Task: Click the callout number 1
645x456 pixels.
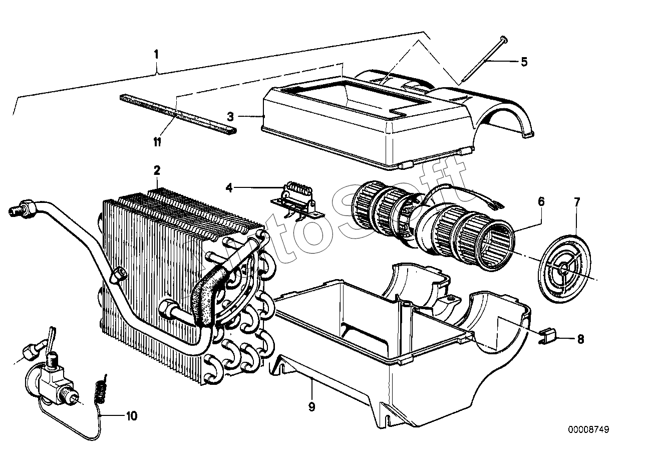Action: pyautogui.click(x=156, y=54)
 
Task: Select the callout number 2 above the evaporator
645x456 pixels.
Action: pyautogui.click(x=157, y=171)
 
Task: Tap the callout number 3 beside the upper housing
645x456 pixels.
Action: pyautogui.click(x=230, y=117)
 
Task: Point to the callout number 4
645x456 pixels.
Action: pyautogui.click(x=229, y=188)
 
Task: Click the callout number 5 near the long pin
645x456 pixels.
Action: pyautogui.click(x=524, y=62)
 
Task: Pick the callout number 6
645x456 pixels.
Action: pyautogui.click(x=541, y=201)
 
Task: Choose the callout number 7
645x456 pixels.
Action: pyautogui.click(x=577, y=202)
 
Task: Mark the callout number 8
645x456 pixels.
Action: pyautogui.click(x=581, y=340)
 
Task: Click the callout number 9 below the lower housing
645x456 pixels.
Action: pyautogui.click(x=311, y=407)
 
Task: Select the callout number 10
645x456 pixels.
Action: pyautogui.click(x=132, y=416)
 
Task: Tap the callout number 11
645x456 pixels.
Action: pyautogui.click(x=157, y=142)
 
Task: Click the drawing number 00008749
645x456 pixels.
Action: pyautogui.click(x=588, y=430)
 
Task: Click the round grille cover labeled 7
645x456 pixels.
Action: pyautogui.click(x=564, y=269)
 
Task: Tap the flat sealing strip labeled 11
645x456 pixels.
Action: pyautogui.click(x=178, y=115)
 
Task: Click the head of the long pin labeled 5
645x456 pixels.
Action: pyautogui.click(x=504, y=38)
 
